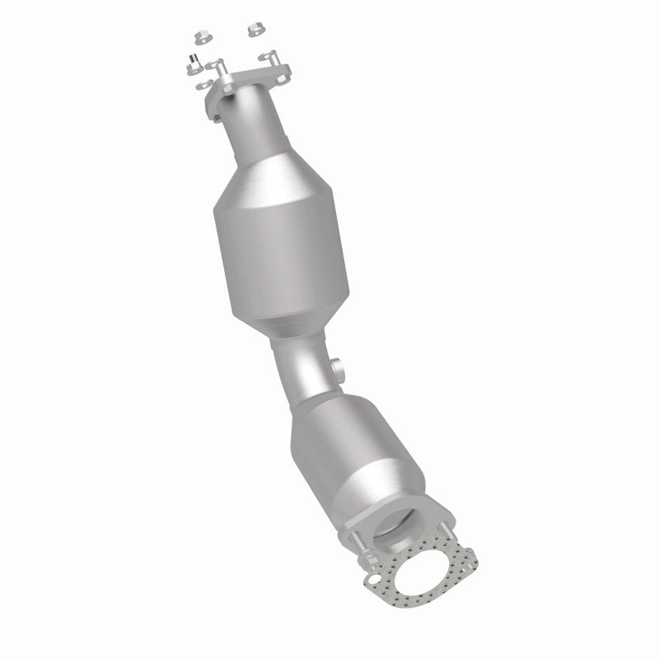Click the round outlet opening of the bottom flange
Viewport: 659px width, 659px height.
pos(395,528)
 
